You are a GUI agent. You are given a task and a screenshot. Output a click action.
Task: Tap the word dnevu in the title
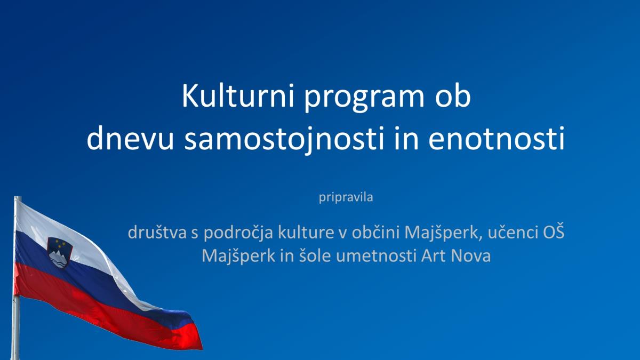tap(130, 138)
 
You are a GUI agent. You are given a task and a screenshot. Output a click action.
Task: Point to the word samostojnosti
tap(284, 140)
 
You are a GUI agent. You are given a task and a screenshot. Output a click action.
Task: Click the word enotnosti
tap(497, 138)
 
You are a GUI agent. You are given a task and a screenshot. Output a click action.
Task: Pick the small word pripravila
tap(346, 197)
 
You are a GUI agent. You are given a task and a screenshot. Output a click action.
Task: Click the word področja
tap(238, 234)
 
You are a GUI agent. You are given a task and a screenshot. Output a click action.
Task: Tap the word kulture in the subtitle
tap(306, 232)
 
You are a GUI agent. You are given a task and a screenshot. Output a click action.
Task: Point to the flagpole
tap(17, 278)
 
